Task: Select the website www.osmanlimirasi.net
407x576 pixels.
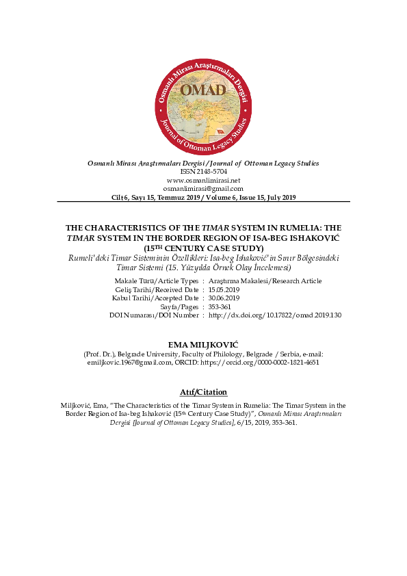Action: coord(203,180)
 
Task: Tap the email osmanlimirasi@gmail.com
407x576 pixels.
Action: coord(203,188)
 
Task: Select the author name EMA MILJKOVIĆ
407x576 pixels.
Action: coord(202,343)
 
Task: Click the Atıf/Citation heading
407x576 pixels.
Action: coord(202,392)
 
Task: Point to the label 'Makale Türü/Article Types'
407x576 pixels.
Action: coord(157,281)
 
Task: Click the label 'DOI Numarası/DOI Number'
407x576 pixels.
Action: coord(154,315)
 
